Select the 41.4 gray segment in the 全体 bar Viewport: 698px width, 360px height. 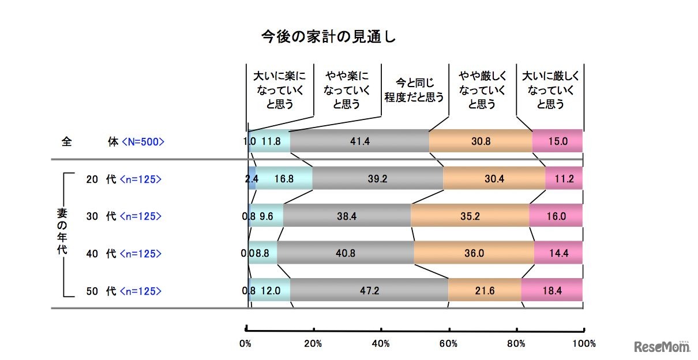pos(359,141)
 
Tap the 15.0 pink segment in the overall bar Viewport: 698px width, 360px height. pos(557,141)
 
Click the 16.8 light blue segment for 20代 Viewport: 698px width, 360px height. pos(284,178)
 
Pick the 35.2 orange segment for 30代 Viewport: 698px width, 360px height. pos(470,216)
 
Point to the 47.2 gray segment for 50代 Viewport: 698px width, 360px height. pos(369,291)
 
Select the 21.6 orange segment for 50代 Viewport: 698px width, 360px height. pos(485,291)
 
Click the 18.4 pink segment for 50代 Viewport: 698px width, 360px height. pos(551,291)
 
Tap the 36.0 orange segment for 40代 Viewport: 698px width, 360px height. pos(474,253)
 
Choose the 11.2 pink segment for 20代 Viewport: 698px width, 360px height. pos(564,178)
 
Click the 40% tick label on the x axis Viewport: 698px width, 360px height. pos(381,344)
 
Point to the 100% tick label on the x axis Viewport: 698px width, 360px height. pos(584,344)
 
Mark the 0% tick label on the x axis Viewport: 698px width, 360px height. pos(245,344)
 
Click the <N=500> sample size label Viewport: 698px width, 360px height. pos(142,141)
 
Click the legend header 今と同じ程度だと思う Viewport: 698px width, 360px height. pos(414,89)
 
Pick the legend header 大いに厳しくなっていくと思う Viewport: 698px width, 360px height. pos(550,90)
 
